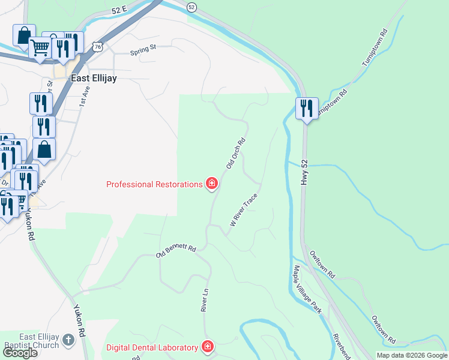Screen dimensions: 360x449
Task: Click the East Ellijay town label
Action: coord(94,78)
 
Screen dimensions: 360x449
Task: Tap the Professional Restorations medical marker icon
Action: coord(211,184)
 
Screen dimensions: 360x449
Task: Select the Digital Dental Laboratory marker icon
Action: coord(207,347)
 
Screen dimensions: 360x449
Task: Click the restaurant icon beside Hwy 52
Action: coord(307,109)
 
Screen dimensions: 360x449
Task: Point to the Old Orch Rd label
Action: coord(236,154)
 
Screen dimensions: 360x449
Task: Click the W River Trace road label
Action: coord(244,209)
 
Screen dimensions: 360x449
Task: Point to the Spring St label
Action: coord(143,51)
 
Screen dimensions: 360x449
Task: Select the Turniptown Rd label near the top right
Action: coord(376,48)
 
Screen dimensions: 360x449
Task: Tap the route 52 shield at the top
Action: coord(191,7)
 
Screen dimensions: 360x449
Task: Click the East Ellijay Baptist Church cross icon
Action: coord(68,340)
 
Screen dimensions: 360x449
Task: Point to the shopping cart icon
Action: coord(40,47)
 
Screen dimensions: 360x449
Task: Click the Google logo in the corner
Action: coord(20,353)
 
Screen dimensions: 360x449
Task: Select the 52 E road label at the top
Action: coord(119,10)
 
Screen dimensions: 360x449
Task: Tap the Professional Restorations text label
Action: coord(154,184)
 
